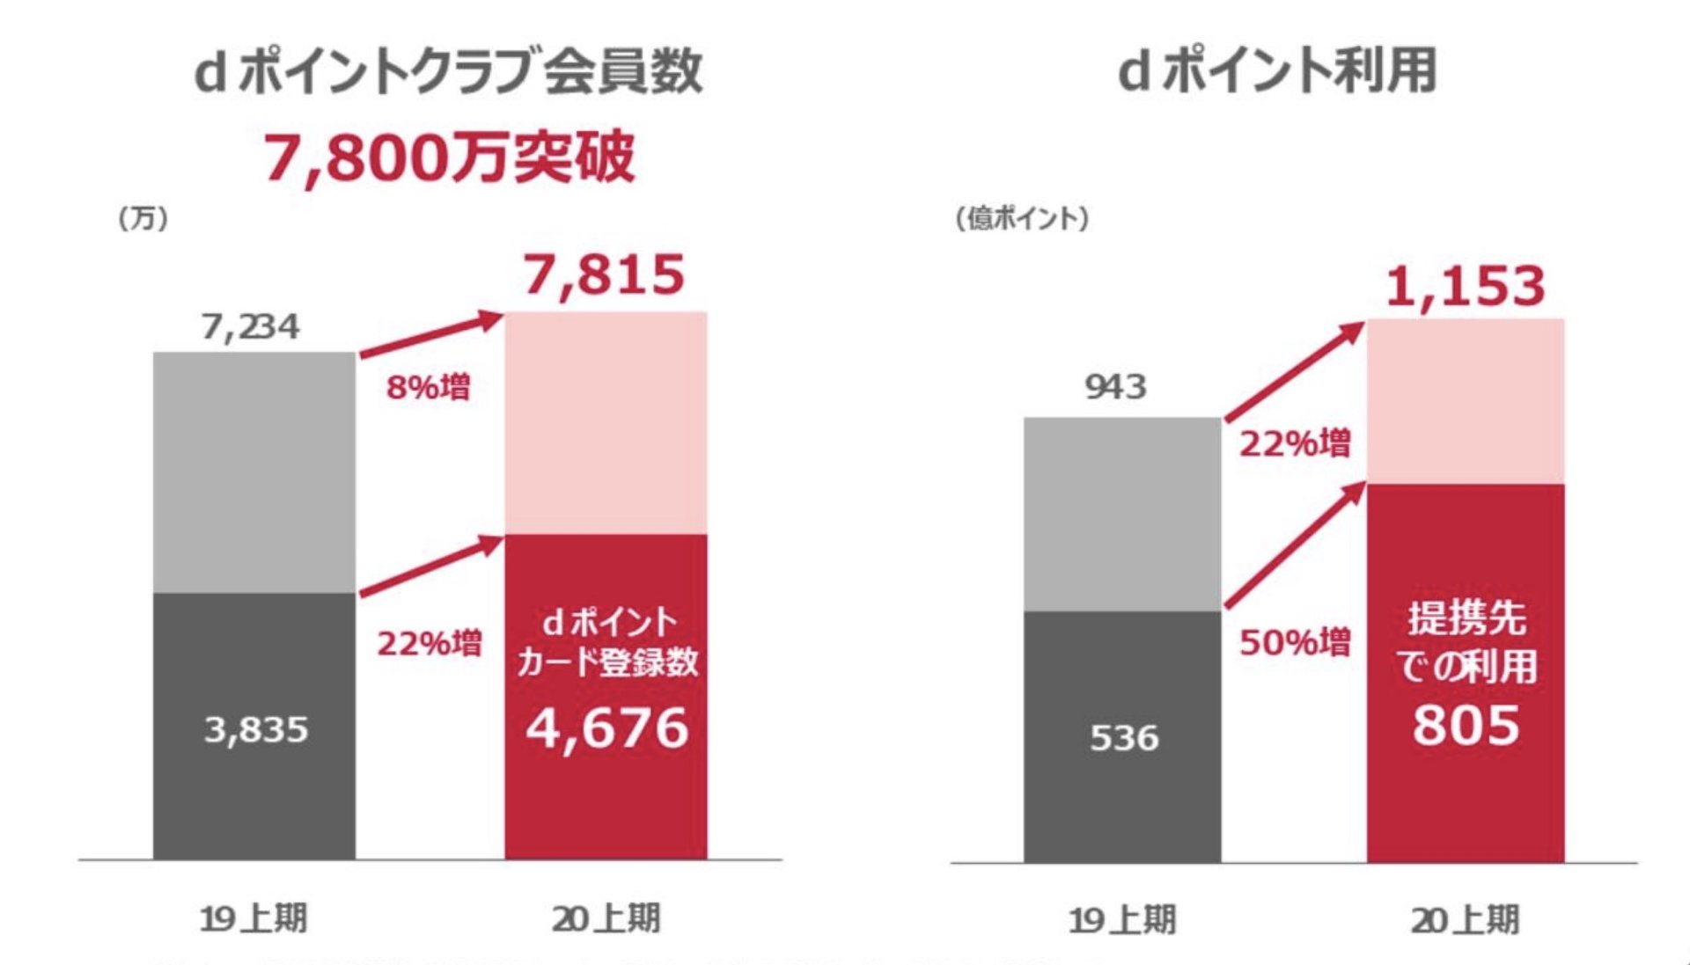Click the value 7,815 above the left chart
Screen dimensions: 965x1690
point(604,275)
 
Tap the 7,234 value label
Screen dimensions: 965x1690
point(251,327)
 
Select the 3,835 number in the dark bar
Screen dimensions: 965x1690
point(256,729)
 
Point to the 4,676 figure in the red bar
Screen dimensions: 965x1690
point(606,728)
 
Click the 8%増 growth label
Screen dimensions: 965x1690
point(429,387)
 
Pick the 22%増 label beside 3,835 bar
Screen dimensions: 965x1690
point(430,643)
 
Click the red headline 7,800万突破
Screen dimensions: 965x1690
point(449,158)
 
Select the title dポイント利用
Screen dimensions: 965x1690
point(1277,71)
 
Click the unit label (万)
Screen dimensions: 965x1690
point(143,218)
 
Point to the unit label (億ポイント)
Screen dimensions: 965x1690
point(1022,218)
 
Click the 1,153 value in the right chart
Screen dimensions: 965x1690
point(1466,287)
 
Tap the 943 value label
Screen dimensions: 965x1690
point(1115,387)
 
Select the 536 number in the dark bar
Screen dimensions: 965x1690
point(1124,738)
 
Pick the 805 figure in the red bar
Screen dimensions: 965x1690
point(1466,726)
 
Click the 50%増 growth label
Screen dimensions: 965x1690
point(1295,642)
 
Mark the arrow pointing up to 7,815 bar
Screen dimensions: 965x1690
point(431,334)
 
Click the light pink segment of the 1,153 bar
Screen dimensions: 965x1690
point(1466,400)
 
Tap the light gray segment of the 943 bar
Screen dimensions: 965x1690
point(1122,514)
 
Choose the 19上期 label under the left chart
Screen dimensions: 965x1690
point(253,918)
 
